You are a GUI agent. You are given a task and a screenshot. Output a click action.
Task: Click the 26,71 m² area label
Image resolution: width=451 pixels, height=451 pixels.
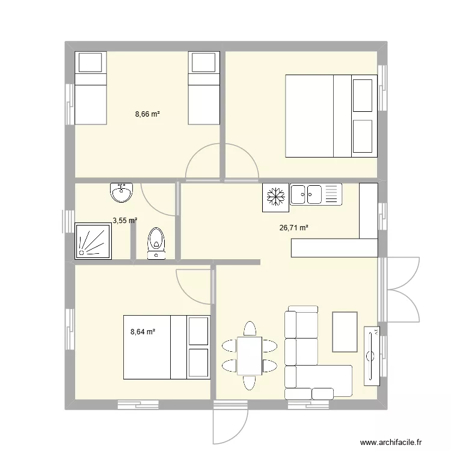click(x=294, y=228)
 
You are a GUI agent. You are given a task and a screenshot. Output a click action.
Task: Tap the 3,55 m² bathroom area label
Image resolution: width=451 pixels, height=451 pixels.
click(x=124, y=221)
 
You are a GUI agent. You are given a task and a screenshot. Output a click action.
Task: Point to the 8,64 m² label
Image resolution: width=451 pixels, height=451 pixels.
click(x=143, y=331)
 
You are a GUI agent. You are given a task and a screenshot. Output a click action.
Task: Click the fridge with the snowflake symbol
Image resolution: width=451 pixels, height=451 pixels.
click(x=275, y=198)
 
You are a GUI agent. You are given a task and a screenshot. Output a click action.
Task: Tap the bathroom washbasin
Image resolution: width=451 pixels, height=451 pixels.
click(x=121, y=192)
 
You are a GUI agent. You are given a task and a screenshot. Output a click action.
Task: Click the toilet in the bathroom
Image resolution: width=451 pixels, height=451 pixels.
click(x=156, y=242)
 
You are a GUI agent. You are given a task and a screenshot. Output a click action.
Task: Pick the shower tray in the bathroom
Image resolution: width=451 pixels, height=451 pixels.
click(x=93, y=241)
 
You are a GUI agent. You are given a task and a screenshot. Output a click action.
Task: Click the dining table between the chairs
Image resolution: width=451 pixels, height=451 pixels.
click(x=250, y=355)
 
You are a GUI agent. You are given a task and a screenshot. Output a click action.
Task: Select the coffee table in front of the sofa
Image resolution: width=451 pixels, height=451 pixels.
click(x=345, y=331)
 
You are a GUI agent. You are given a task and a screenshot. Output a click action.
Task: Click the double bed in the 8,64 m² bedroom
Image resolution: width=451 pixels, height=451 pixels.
click(x=167, y=348)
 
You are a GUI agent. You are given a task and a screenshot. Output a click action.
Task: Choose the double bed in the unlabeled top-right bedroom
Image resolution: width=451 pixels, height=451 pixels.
click(x=331, y=115)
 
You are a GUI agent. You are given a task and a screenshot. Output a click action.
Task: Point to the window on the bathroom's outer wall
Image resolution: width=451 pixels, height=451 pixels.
click(x=66, y=221)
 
